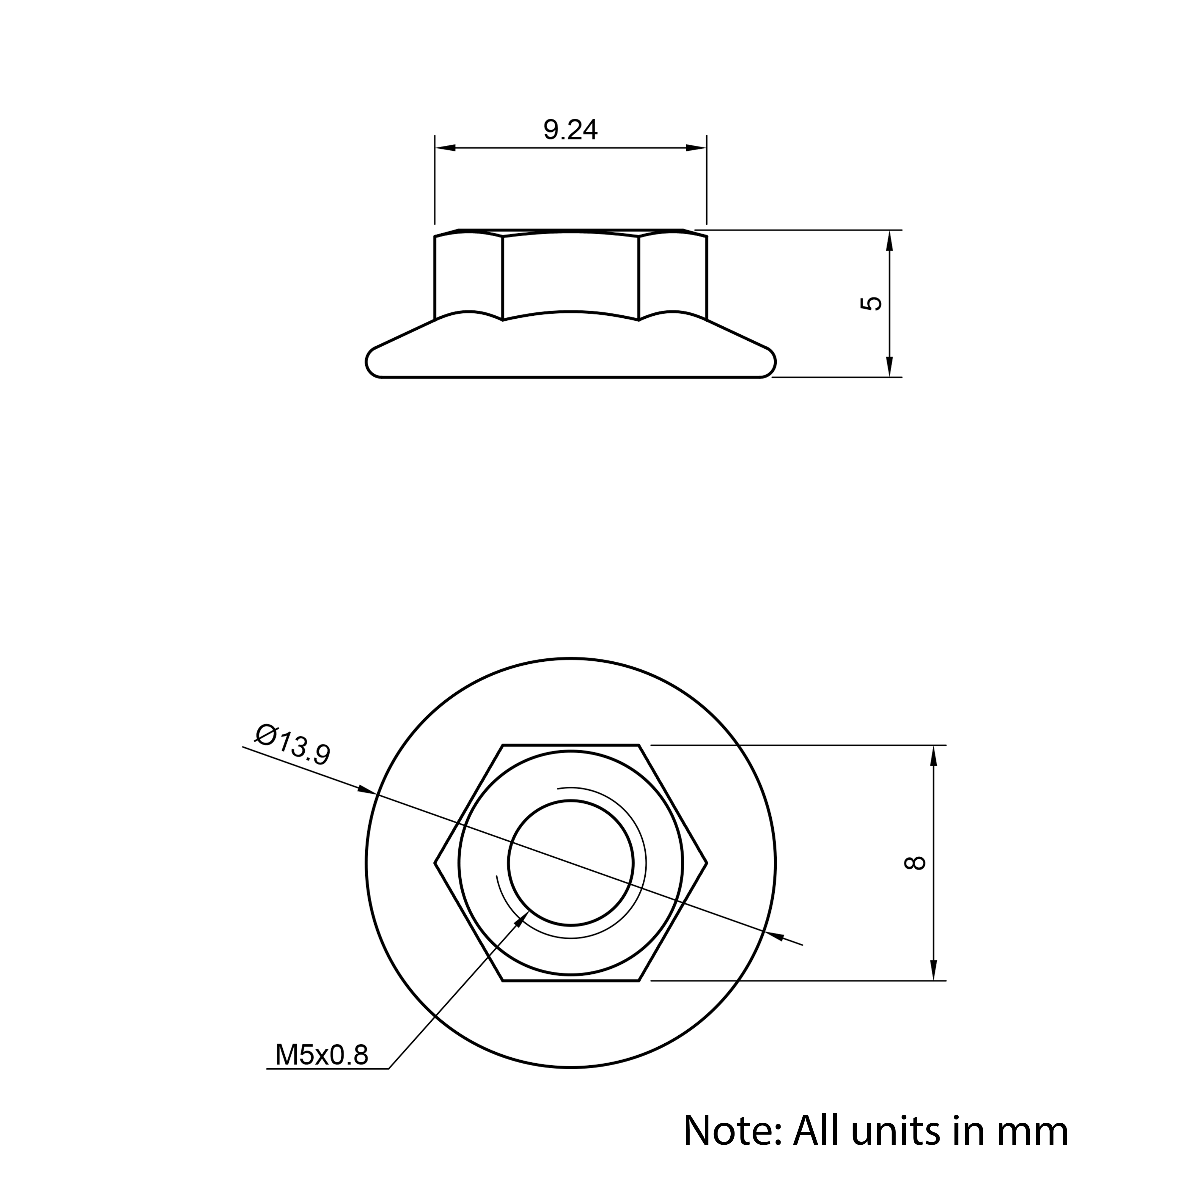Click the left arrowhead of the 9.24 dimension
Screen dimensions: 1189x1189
click(x=445, y=148)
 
